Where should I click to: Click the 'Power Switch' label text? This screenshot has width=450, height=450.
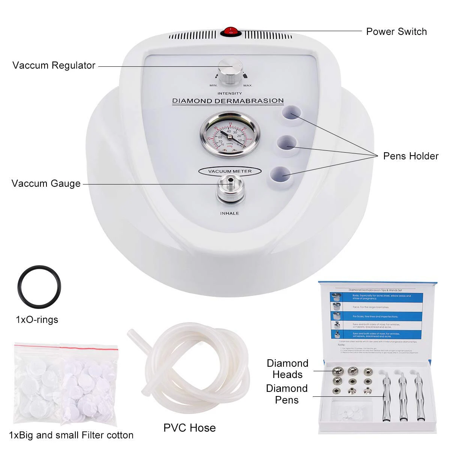tap(396, 31)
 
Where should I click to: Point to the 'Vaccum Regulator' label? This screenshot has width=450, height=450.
tap(54, 65)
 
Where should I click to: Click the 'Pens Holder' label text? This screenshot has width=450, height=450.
tap(411, 156)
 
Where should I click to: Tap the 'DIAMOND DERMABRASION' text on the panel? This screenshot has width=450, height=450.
tap(228, 101)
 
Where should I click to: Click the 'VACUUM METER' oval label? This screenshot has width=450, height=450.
tap(230, 171)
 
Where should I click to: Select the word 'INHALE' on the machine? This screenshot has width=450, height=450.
tap(229, 213)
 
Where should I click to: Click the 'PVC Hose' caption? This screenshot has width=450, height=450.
tap(189, 428)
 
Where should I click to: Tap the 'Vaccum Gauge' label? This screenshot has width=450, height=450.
tap(46, 183)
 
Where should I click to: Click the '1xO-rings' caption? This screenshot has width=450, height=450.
tap(37, 319)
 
